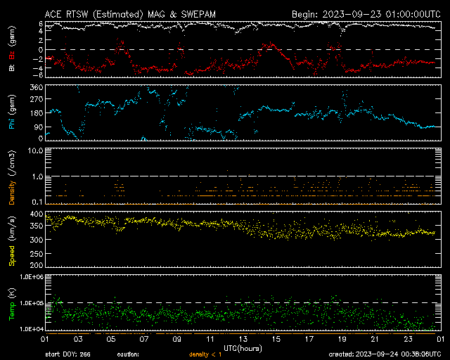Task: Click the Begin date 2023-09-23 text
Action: point(366,13)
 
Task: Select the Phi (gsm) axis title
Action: point(11,112)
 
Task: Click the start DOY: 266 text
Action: point(69,354)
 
